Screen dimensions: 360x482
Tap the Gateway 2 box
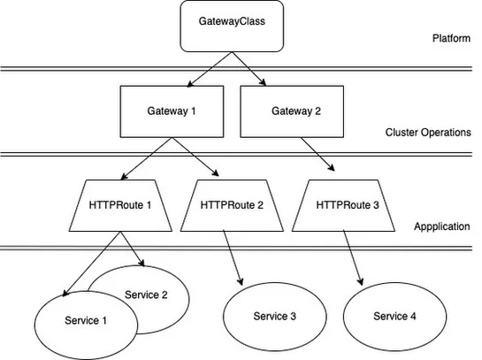pyautogui.click(x=286, y=112)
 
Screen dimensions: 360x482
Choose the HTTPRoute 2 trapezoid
pyautogui.click(x=232, y=203)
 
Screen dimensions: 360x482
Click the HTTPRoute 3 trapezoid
pyautogui.click(x=347, y=203)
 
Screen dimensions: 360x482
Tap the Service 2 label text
pyautogui.click(x=146, y=295)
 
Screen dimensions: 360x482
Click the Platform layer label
pyautogui.click(x=451, y=40)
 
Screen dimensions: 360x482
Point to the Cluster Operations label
pyautogui.click(x=428, y=132)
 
